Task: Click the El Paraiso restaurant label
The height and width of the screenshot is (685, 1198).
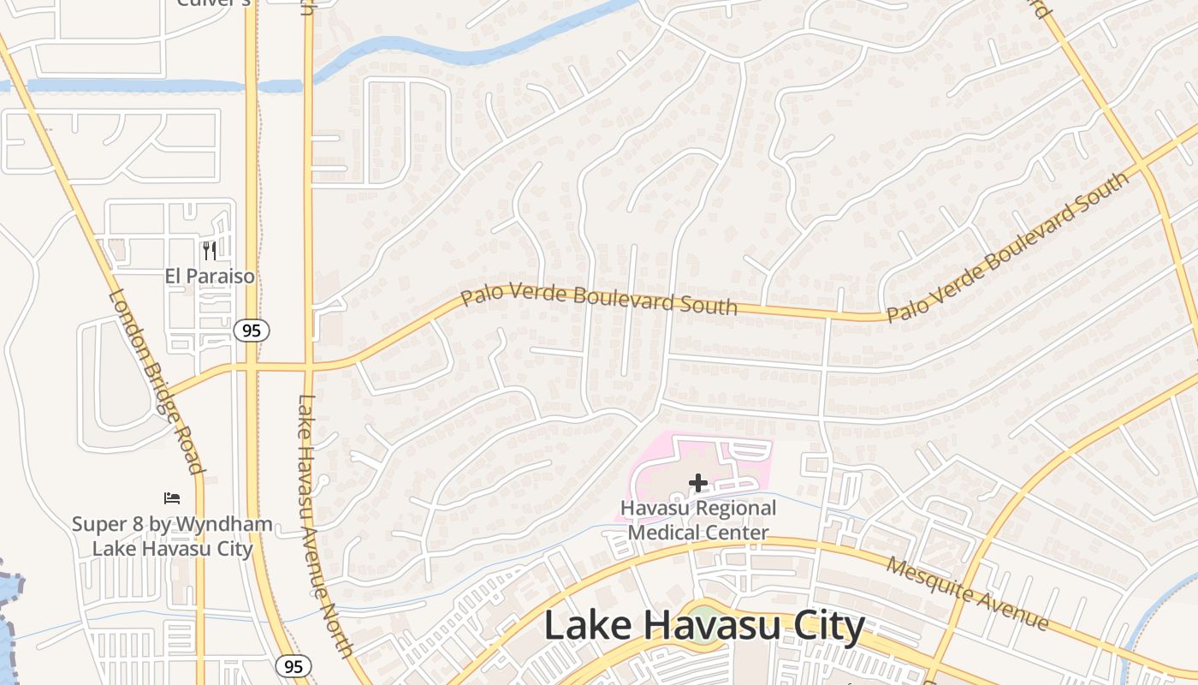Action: coord(210,276)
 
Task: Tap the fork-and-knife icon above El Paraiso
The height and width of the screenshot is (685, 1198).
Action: coord(210,251)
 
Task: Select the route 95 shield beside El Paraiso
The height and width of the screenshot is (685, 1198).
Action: coord(252,330)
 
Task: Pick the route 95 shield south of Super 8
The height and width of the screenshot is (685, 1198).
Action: coord(293,666)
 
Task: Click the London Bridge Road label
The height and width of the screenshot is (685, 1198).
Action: coord(157,381)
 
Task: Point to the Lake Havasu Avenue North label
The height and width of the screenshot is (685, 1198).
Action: coord(325,524)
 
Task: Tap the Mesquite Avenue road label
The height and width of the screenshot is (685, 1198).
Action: coord(967,593)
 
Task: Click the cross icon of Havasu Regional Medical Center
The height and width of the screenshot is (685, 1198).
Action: coord(697,484)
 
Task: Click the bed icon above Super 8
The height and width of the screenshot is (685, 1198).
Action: coord(172,498)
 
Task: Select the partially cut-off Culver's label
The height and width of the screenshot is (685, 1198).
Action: coord(214,3)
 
